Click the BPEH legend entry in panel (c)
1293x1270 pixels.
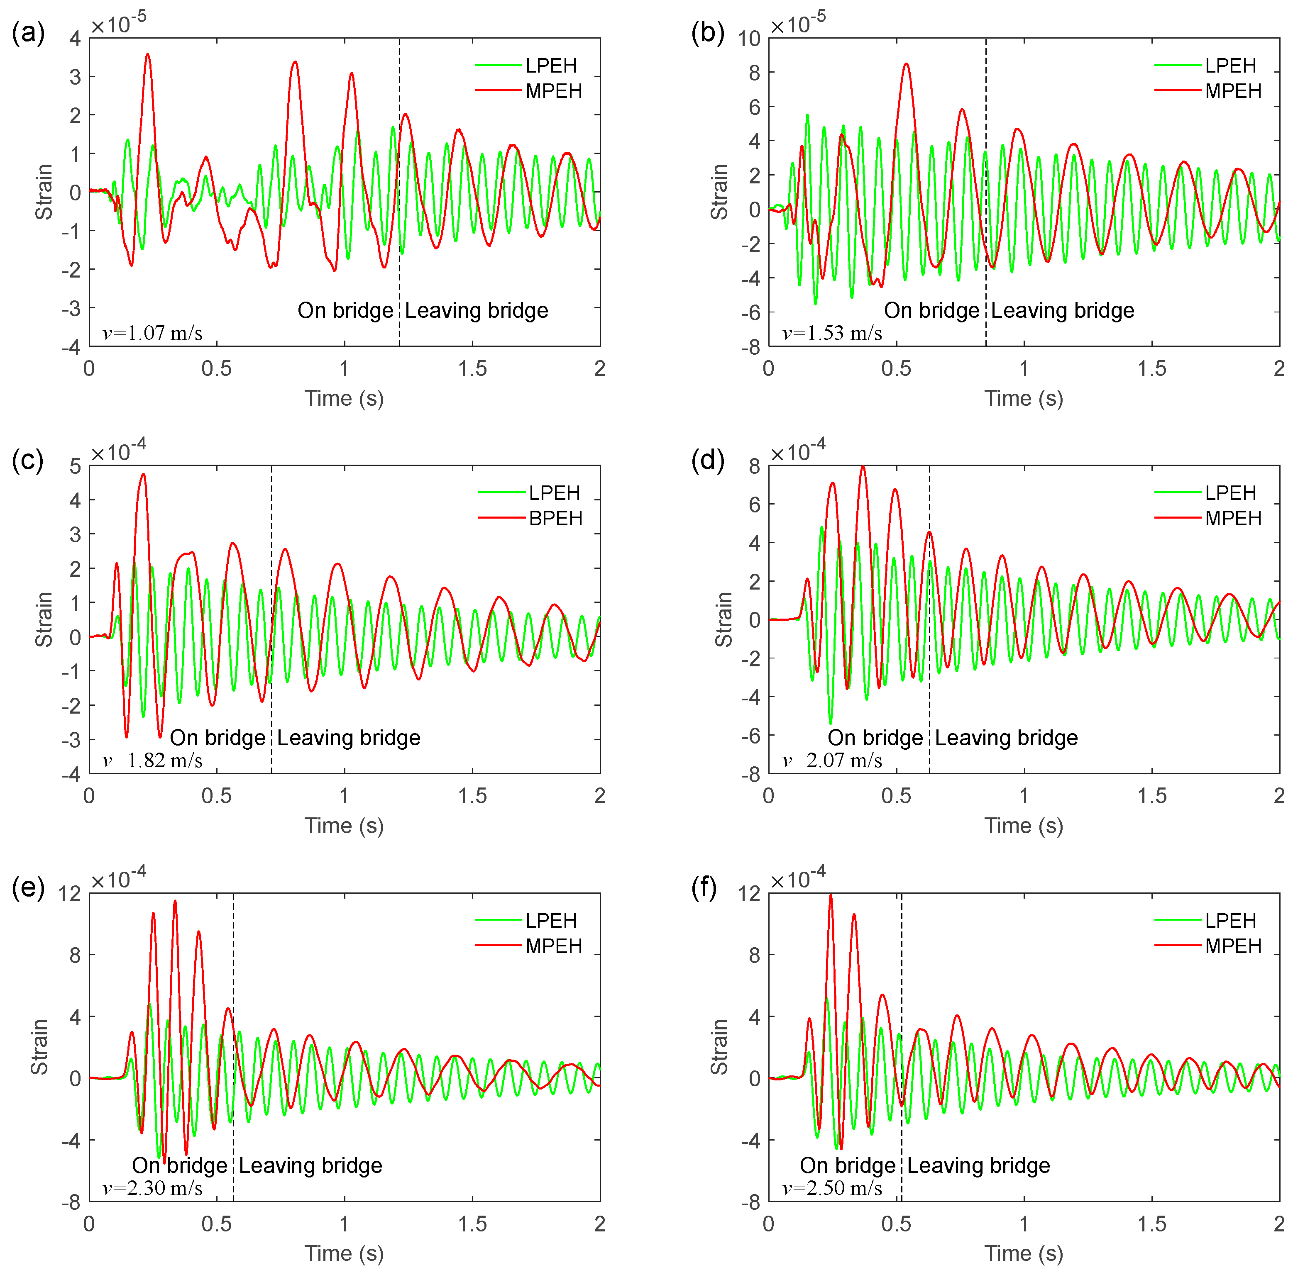(x=555, y=518)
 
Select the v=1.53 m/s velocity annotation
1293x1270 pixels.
(x=832, y=333)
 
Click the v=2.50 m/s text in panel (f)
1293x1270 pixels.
(x=832, y=1188)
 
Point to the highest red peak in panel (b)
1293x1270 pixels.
(x=906, y=64)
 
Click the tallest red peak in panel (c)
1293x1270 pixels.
(x=143, y=474)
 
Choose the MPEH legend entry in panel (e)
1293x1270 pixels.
(x=553, y=946)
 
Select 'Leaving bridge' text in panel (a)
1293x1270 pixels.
(x=477, y=310)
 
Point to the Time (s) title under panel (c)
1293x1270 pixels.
(x=344, y=826)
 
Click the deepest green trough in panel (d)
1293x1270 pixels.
(x=830, y=723)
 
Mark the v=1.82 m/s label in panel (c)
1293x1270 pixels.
(x=153, y=761)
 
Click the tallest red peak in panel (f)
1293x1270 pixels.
(x=831, y=895)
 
